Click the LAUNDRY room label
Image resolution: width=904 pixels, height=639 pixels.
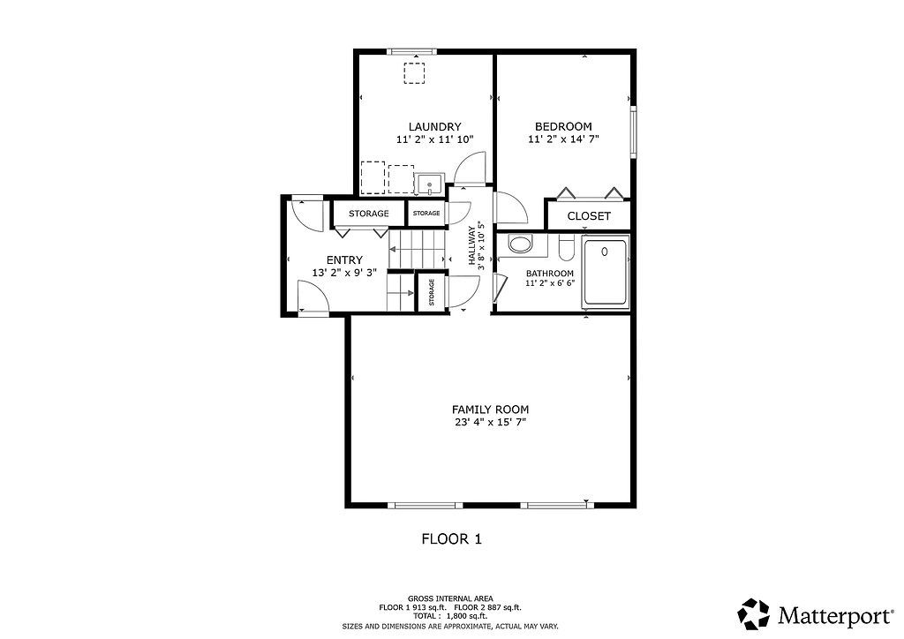(x=434, y=127)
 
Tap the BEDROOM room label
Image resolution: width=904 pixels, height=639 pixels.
(x=563, y=127)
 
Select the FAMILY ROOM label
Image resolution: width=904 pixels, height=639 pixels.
(x=490, y=410)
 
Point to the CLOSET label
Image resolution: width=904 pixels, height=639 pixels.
(x=589, y=216)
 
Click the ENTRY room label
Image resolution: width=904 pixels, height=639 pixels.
(x=344, y=259)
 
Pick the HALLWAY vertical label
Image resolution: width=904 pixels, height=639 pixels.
(x=471, y=244)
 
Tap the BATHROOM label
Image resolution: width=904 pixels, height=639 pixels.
(x=549, y=274)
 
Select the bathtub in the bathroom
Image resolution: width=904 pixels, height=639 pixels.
(x=605, y=272)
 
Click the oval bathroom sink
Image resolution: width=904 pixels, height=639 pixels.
(x=521, y=244)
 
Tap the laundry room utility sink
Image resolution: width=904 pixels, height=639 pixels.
(x=430, y=184)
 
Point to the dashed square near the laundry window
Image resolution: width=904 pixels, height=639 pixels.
(x=414, y=73)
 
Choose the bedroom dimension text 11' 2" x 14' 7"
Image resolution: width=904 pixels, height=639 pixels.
(x=563, y=139)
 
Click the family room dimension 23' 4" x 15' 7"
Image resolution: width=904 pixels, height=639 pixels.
(x=490, y=423)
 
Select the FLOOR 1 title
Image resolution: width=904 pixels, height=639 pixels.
(x=451, y=539)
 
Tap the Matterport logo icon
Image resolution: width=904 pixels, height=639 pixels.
(x=754, y=614)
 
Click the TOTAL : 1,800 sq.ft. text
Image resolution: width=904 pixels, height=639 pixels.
(x=450, y=616)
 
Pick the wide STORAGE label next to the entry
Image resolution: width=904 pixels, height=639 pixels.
(x=368, y=214)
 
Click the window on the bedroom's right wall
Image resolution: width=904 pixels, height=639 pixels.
(x=633, y=132)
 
